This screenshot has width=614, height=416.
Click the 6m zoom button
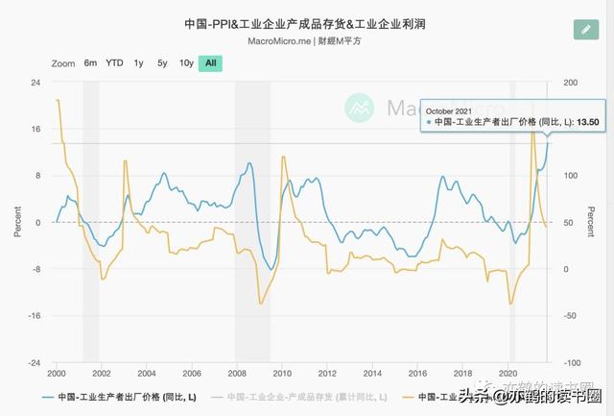click(90, 63)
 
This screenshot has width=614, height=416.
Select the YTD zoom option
click(114, 63)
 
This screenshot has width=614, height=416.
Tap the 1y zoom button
click(139, 63)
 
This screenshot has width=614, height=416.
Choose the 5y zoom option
click(162, 63)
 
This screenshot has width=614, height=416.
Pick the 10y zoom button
click(186, 63)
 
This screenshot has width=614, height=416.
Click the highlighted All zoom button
click(210, 63)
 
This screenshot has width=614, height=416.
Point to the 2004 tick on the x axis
click(146, 373)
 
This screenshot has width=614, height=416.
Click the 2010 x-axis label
click(281, 373)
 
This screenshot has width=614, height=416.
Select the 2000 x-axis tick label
click(57, 373)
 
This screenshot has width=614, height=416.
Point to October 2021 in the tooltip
click(449, 110)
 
